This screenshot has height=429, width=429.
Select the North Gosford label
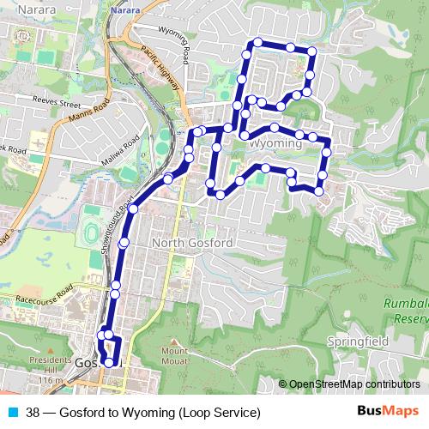[x=191, y=244]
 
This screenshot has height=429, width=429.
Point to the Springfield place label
[x=359, y=341]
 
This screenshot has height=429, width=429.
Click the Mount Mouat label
[x=174, y=355]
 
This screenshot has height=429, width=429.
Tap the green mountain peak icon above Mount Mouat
[x=174, y=341]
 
